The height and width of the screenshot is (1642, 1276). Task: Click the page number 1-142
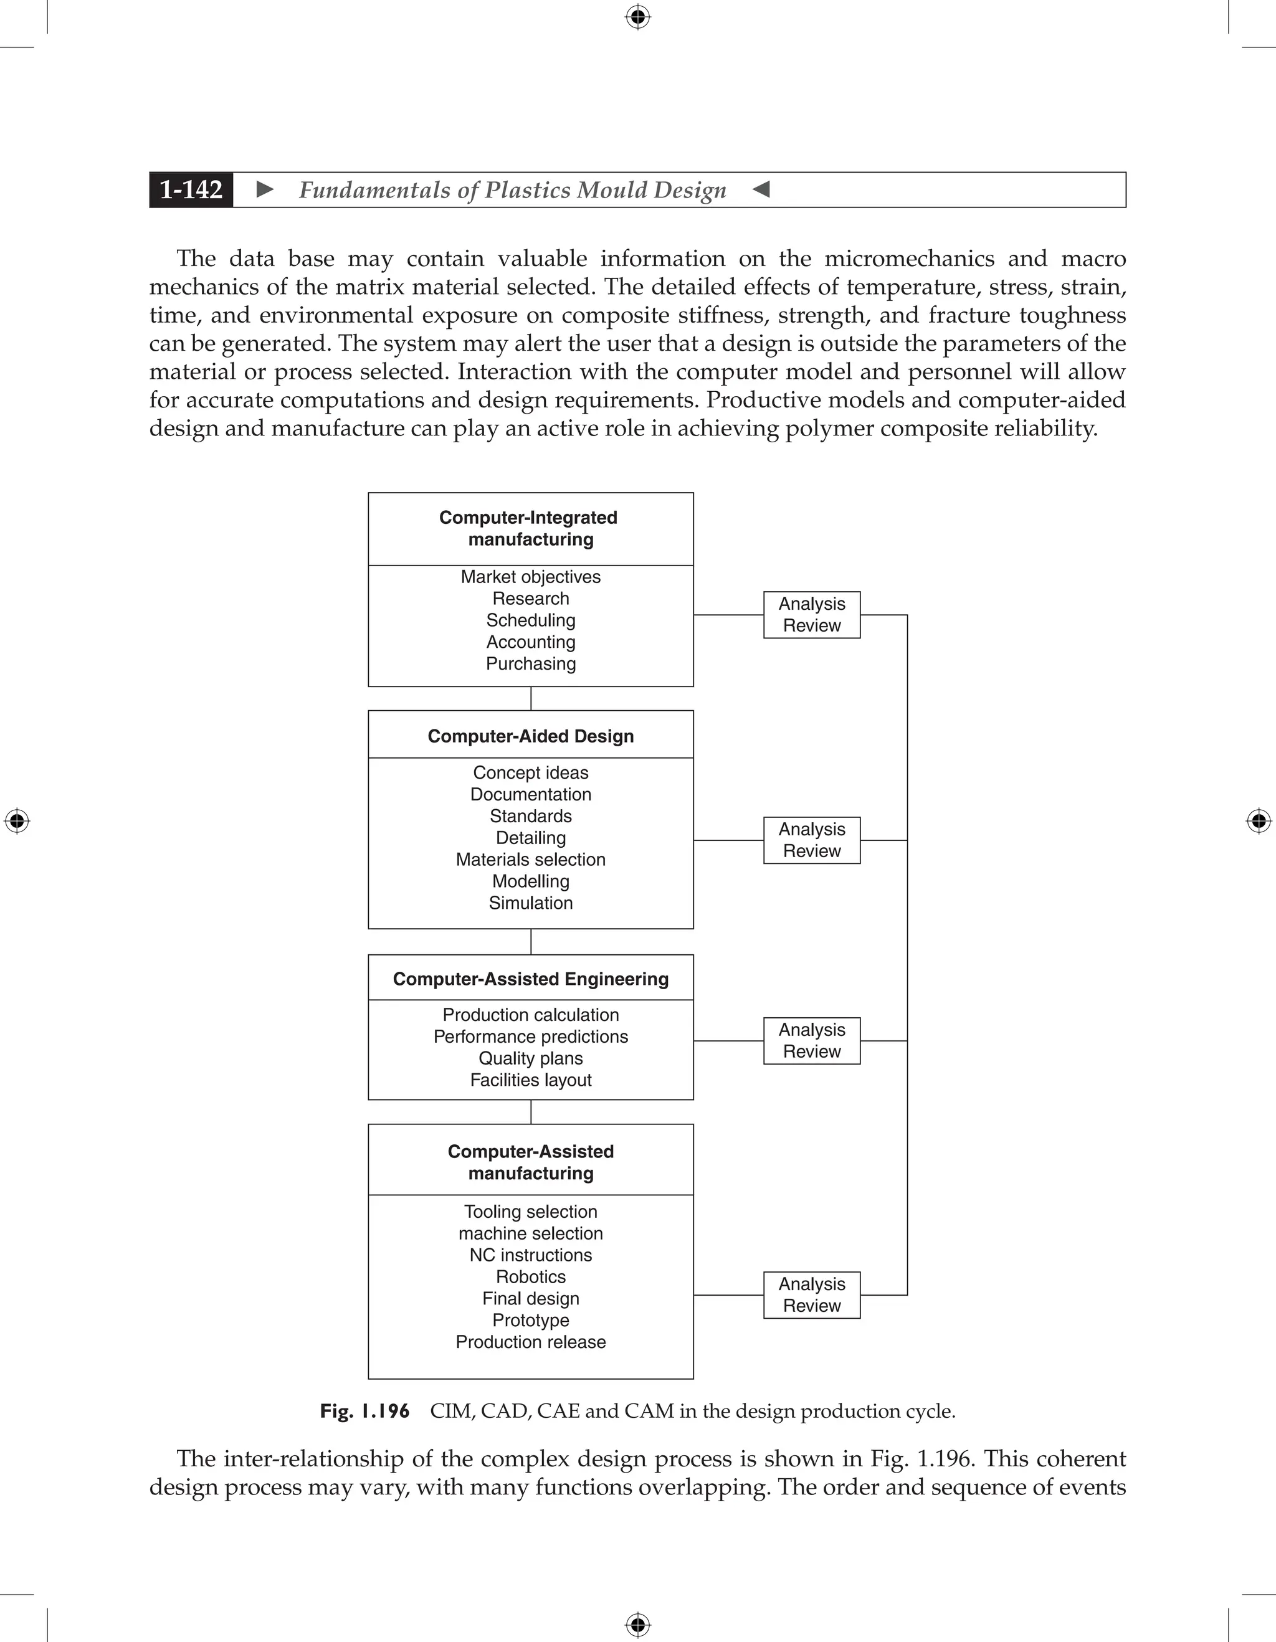point(191,189)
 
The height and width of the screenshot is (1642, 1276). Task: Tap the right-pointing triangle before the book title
point(265,189)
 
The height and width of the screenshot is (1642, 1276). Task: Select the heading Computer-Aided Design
point(530,736)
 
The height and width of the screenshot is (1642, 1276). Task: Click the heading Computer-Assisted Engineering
point(530,979)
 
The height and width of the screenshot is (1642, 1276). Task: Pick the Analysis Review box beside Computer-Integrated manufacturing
point(811,615)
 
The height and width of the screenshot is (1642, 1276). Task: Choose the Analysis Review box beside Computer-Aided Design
point(811,840)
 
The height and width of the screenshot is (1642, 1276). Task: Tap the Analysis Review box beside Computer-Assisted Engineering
point(811,1040)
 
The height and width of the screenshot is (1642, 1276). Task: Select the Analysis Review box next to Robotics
point(811,1294)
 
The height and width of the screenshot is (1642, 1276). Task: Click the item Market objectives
point(530,577)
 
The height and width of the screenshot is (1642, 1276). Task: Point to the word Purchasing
point(530,664)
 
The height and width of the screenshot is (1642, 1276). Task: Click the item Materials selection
point(530,860)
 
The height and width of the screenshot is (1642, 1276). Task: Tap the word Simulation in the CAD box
point(530,903)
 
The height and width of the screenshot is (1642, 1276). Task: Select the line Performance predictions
point(530,1037)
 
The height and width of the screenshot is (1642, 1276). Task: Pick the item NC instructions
point(530,1255)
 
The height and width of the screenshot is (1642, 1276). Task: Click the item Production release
point(530,1342)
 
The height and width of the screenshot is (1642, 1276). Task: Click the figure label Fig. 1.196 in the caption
point(364,1411)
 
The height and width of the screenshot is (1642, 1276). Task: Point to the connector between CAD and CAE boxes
point(531,941)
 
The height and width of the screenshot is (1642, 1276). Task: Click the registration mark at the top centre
point(637,17)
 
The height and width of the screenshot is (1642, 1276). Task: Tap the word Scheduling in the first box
point(530,620)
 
